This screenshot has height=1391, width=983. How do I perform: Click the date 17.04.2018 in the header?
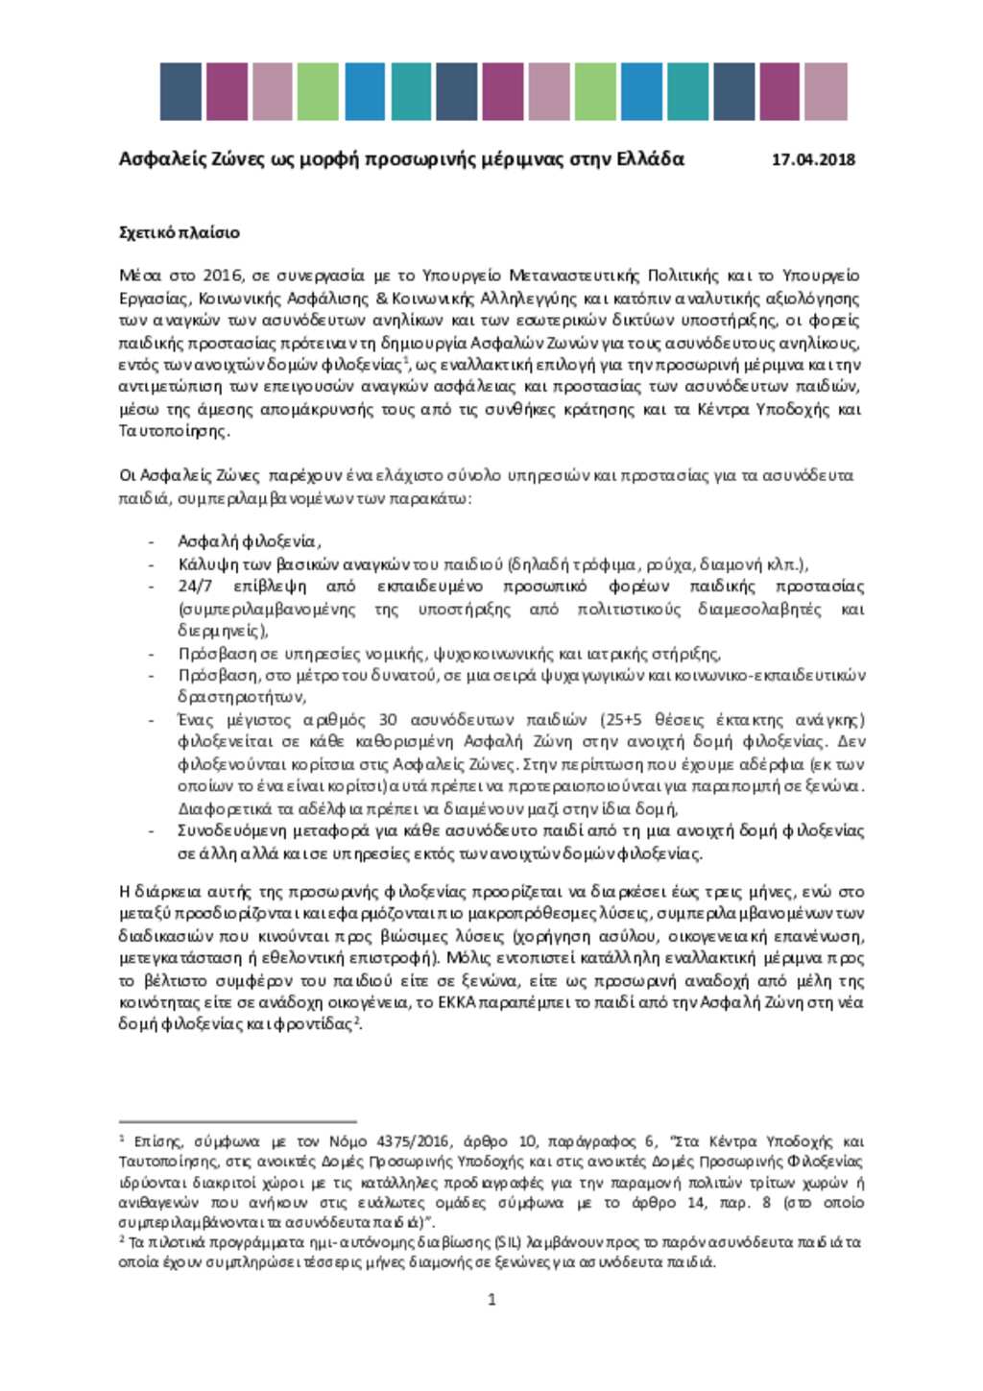813,160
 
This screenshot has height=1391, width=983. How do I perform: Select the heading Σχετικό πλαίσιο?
179,232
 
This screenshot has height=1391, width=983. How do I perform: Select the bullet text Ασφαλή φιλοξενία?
248,541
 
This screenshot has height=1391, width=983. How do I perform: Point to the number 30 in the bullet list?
388,720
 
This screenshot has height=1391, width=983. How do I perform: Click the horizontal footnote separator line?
237,1120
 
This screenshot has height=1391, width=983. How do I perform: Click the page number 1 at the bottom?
491,1300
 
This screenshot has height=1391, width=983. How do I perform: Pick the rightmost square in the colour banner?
826,92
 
